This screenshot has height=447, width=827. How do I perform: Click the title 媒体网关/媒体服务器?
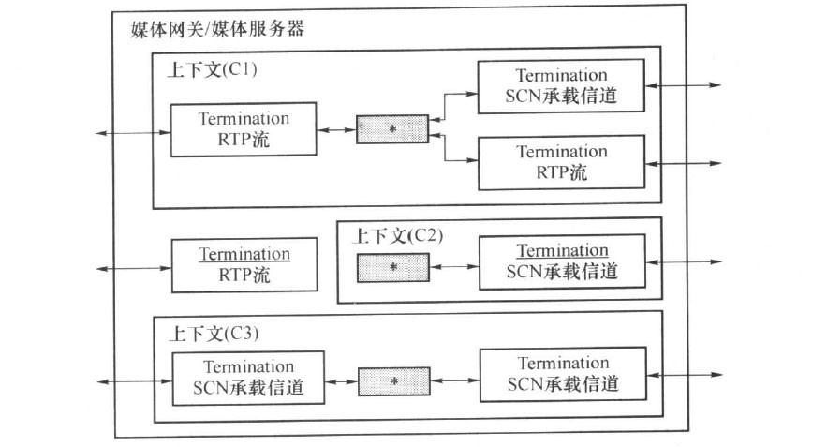(x=217, y=28)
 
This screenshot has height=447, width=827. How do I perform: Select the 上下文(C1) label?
(x=212, y=69)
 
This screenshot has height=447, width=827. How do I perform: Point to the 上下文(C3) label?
(x=214, y=333)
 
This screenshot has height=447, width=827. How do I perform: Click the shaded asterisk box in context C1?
(x=392, y=128)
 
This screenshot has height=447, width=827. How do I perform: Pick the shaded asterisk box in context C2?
(x=393, y=268)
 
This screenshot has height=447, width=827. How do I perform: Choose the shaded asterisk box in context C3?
(x=394, y=381)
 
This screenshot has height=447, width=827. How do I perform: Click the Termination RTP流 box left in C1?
(x=244, y=130)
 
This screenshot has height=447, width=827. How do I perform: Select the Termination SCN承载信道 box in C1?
(x=561, y=86)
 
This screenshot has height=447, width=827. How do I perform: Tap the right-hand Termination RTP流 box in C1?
(x=562, y=162)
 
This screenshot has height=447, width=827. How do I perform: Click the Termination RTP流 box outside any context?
(x=244, y=265)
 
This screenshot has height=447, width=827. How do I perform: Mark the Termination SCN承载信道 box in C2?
(x=562, y=262)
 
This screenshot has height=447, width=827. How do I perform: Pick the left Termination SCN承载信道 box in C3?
(x=248, y=379)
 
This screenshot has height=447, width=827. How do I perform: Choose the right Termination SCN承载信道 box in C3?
(x=563, y=374)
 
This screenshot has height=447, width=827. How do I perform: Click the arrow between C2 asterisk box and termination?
(x=454, y=266)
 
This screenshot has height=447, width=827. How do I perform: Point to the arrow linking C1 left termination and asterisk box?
(x=336, y=130)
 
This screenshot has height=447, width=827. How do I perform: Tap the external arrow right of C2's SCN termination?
(x=684, y=261)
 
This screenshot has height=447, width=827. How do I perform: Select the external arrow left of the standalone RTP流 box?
(x=134, y=269)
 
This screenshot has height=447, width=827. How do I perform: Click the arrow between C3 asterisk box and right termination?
(x=455, y=380)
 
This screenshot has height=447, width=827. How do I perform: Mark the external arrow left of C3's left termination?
(x=135, y=381)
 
